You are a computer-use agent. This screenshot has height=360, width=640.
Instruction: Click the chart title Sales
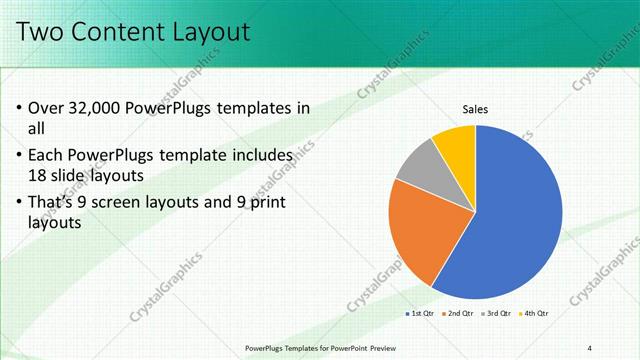coord(475,110)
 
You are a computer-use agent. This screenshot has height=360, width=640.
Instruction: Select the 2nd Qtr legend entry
coord(457,314)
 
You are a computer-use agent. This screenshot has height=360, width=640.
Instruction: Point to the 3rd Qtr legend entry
coord(496,314)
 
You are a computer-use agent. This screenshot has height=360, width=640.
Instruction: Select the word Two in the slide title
coord(39,32)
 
